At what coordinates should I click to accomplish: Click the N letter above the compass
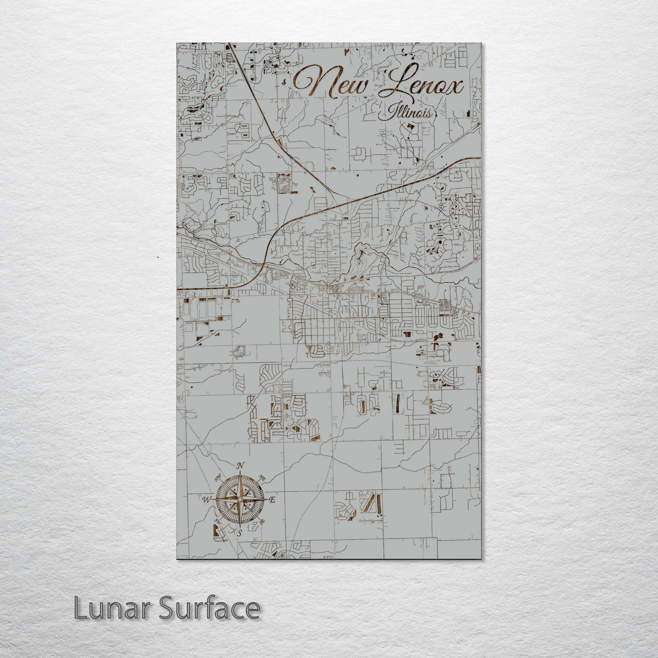(241, 465)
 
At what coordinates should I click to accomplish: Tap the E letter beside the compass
(272, 500)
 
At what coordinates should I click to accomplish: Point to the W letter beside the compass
(206, 500)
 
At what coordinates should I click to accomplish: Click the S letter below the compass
(240, 532)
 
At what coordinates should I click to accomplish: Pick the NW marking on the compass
(218, 477)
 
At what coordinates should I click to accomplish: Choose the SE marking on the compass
(263, 522)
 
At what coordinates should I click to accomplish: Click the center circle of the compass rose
(240, 500)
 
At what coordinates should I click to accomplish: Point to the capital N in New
(310, 82)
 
